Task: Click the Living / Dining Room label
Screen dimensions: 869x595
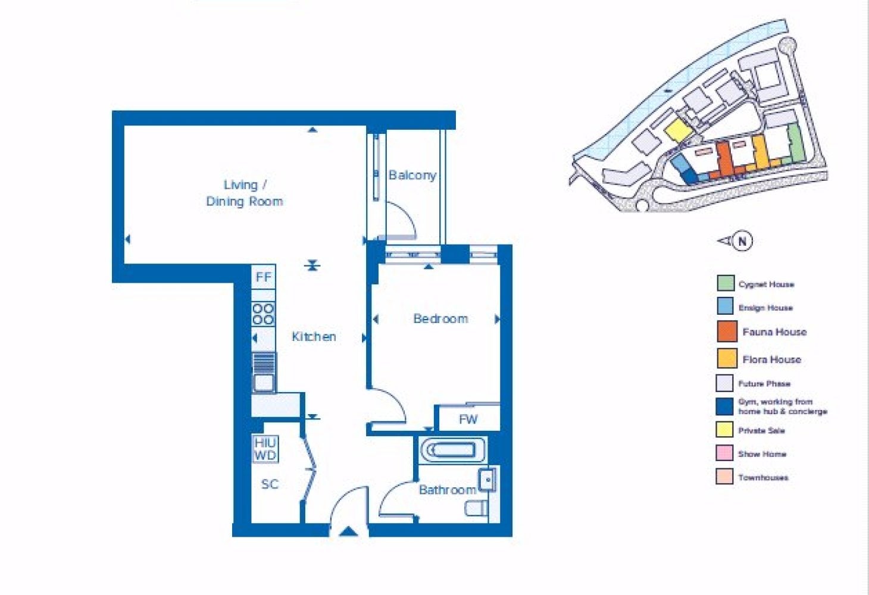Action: (245, 193)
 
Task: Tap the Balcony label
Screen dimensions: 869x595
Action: (412, 176)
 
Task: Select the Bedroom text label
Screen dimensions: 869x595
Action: (440, 319)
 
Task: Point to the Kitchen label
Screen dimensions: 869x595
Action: (314, 337)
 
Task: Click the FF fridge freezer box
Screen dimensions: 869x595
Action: (264, 277)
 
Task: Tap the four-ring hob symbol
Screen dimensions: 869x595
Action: (264, 314)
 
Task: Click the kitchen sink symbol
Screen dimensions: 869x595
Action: (264, 372)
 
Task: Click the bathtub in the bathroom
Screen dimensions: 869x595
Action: (453, 450)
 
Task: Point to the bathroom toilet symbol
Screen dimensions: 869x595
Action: (476, 508)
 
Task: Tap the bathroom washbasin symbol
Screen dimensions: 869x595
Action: (487, 480)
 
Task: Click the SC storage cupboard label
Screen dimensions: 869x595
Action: (270, 484)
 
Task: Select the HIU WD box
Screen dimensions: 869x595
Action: (265, 449)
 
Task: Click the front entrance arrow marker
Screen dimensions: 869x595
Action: (348, 531)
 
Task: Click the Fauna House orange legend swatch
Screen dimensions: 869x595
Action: (727, 331)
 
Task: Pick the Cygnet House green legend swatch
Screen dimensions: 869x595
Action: (726, 283)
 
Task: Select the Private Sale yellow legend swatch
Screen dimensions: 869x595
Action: (724, 430)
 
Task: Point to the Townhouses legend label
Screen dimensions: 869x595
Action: (763, 477)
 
